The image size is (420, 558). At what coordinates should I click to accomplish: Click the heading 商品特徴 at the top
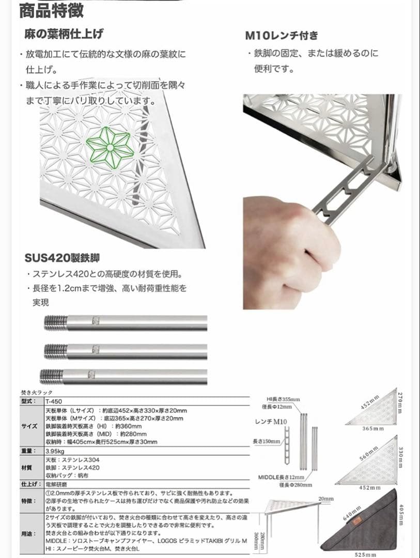tap(51, 10)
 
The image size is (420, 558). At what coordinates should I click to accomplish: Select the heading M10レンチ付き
tap(282, 36)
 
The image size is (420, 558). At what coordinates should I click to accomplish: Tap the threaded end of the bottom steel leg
tap(52, 376)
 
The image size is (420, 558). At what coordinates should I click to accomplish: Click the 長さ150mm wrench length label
tap(267, 441)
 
